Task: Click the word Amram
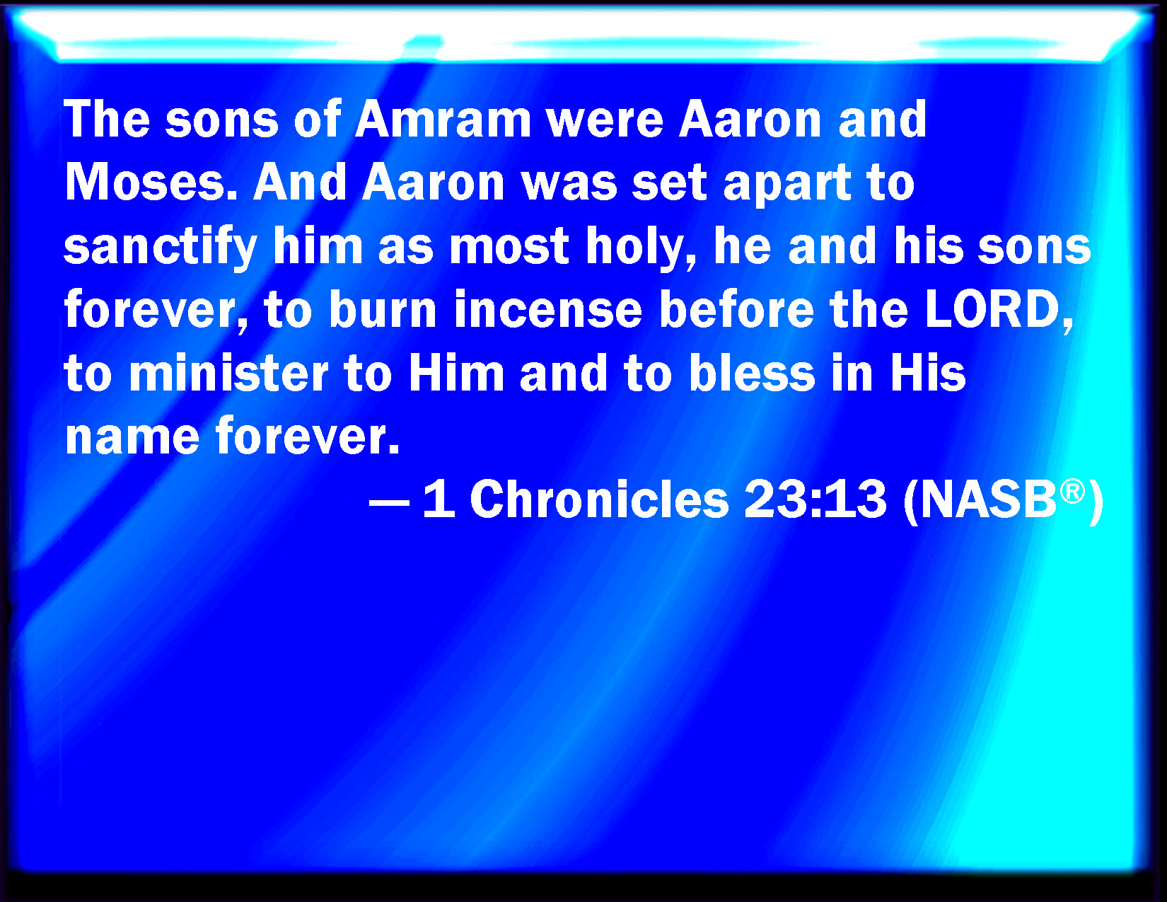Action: (443, 119)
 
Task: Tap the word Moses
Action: (151, 183)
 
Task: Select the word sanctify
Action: (161, 248)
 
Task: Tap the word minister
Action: (228, 374)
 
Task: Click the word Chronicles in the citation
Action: (599, 499)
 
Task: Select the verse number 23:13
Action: (815, 499)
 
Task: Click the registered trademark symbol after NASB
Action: (1072, 490)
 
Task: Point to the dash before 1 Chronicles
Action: (389, 502)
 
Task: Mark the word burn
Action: (383, 310)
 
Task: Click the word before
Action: (736, 310)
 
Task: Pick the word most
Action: (509, 248)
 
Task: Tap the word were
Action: (605, 119)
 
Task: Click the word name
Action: (132, 437)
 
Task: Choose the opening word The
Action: (107, 119)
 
